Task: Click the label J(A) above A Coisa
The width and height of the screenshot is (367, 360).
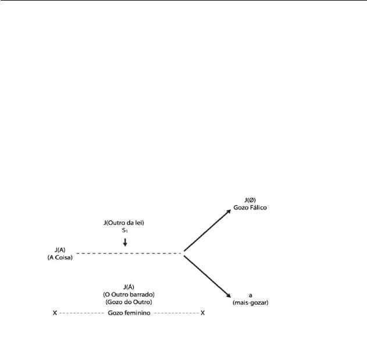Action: [60, 250]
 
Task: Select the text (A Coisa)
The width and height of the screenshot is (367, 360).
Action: [60, 258]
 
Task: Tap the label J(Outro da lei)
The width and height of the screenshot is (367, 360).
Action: [124, 223]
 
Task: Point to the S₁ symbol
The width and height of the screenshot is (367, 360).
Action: [124, 230]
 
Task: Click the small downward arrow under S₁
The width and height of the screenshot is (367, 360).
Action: [125, 243]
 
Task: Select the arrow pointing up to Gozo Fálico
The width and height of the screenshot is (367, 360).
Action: [208, 230]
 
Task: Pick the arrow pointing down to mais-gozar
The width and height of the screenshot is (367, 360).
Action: [208, 277]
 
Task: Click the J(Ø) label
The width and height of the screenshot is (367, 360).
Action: [250, 200]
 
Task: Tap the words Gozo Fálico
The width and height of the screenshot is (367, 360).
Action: [250, 208]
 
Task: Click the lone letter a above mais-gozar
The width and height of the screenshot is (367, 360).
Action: [251, 295]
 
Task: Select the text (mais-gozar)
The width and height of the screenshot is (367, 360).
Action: [251, 302]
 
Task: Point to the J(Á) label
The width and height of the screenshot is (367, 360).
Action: [129, 287]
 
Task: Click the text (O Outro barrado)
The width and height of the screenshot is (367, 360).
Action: [129, 294]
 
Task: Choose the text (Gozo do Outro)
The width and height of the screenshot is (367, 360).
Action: [129, 302]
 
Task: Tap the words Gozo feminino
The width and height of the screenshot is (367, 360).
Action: [129, 313]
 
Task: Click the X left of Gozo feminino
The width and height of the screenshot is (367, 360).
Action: [55, 313]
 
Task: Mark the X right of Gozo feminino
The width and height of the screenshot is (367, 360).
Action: [202, 313]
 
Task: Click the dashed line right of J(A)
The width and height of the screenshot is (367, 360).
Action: [129, 253]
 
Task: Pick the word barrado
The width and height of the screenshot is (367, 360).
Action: [142, 294]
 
